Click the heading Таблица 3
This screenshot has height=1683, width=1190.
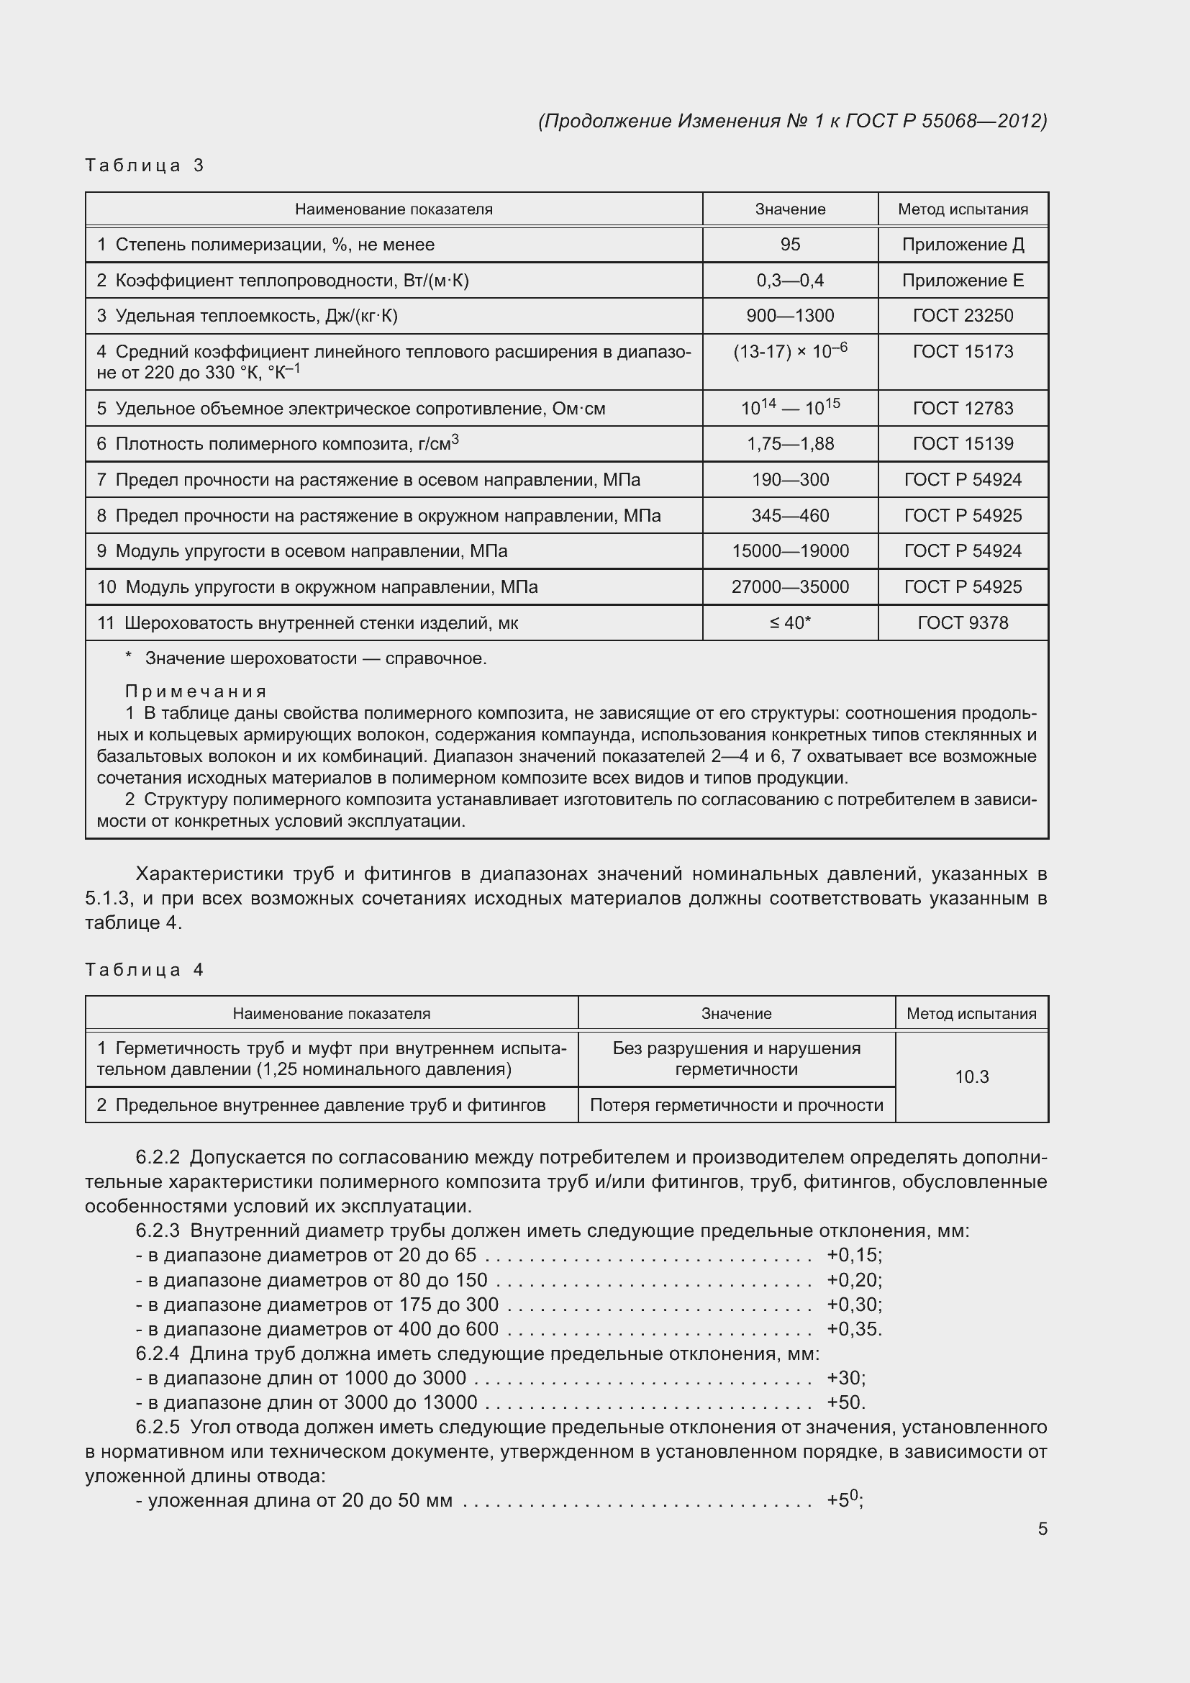point(145,165)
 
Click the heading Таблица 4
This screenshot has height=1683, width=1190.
point(145,970)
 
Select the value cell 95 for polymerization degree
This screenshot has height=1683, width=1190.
point(790,245)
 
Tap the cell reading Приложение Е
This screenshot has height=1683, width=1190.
point(962,281)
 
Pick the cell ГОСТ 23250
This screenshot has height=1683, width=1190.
point(962,316)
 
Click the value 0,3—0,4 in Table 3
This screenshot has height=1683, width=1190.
point(790,281)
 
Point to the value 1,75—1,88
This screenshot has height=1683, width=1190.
point(790,444)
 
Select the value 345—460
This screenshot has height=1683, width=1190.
point(790,516)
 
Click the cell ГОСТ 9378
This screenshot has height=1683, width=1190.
point(962,623)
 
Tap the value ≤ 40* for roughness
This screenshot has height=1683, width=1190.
point(790,623)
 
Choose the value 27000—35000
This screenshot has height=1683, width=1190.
point(790,587)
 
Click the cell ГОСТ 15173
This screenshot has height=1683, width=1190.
point(962,352)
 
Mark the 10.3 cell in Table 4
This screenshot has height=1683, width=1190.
point(971,1077)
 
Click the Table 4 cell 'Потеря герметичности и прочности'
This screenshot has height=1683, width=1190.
point(737,1105)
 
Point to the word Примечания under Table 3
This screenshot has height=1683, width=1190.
point(196,691)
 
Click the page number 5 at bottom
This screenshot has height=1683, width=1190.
point(1042,1529)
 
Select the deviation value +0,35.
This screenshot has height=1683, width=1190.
point(854,1329)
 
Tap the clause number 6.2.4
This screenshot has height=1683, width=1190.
point(158,1354)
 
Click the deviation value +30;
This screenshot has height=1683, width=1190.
point(845,1378)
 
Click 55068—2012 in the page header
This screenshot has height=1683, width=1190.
point(983,121)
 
